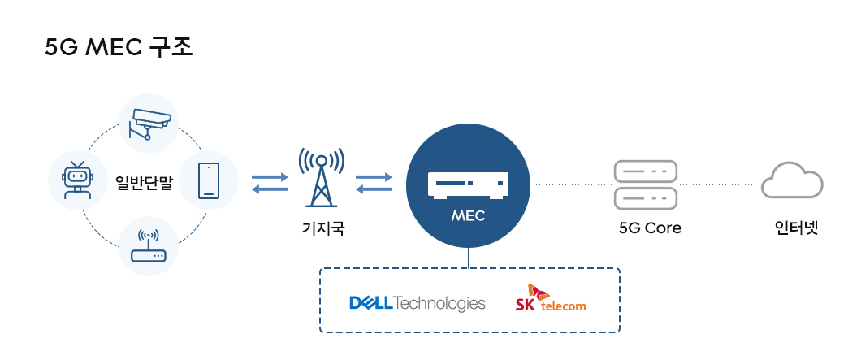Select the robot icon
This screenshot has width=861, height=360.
77,180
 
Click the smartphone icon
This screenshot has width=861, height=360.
209,180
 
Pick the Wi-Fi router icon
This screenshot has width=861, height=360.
148,245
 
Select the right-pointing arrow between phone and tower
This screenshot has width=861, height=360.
270,176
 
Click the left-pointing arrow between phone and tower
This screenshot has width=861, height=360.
270,189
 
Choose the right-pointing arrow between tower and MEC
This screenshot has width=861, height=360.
374,176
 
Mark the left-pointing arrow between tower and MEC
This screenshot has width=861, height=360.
374,189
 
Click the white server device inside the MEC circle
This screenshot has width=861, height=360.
468,184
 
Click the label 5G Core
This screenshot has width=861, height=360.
650,228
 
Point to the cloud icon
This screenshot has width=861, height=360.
793,180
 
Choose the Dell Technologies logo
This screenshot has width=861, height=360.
417,303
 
